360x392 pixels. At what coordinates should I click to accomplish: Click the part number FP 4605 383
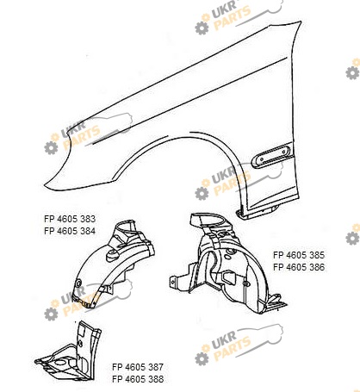[x=70, y=219]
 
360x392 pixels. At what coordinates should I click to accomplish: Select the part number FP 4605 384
[x=70, y=231]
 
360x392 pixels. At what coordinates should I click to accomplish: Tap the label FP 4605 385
[x=299, y=255]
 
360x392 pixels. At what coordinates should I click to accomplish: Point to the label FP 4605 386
[x=299, y=267]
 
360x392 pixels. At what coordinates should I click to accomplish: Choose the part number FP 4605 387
[x=138, y=367]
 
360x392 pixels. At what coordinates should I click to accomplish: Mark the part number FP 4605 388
[x=138, y=379]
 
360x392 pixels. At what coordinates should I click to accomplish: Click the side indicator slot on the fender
[x=272, y=156]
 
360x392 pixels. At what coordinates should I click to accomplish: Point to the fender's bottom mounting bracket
[x=257, y=212]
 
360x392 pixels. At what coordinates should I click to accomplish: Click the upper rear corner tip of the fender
[x=301, y=22]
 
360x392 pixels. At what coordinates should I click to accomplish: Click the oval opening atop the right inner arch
[x=212, y=221]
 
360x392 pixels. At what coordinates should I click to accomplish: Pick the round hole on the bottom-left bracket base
[x=60, y=362]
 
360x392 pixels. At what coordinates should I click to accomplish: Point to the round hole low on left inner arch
[x=78, y=283]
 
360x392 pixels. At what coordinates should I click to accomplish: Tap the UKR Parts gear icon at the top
[x=202, y=28]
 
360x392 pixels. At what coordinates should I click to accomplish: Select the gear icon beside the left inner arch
[x=51, y=314]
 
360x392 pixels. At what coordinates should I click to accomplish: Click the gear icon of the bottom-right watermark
[x=202, y=358]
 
